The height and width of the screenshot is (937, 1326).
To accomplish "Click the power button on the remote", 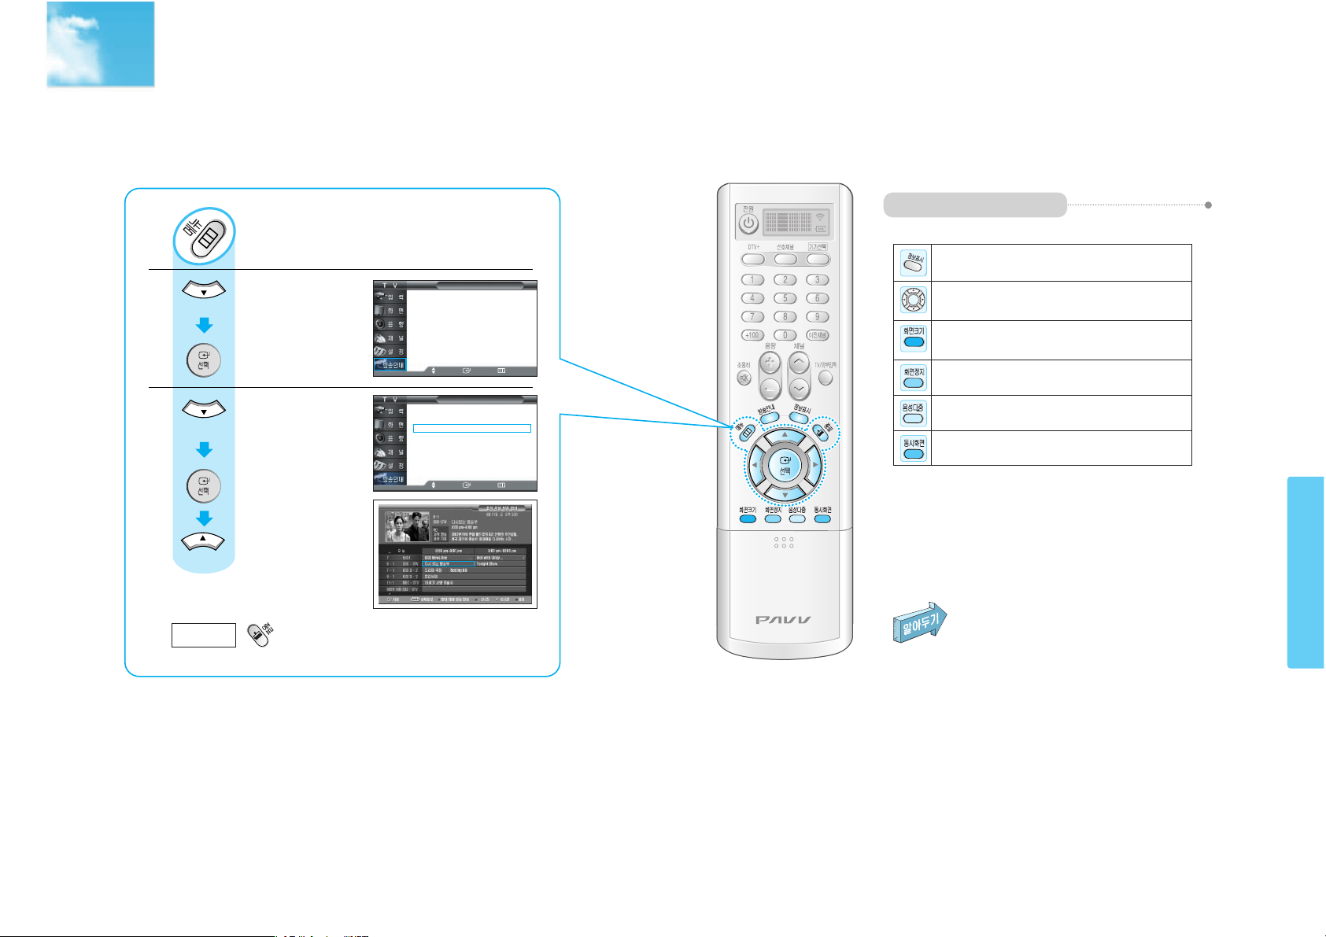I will (x=749, y=223).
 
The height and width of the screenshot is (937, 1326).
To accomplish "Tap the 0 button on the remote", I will (x=785, y=335).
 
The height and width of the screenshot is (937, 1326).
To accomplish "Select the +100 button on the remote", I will (x=752, y=335).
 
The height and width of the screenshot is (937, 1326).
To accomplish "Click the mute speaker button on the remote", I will (x=744, y=378).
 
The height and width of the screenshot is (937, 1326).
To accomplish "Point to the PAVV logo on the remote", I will (x=784, y=620).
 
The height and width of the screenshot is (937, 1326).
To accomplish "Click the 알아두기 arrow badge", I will (x=919, y=622).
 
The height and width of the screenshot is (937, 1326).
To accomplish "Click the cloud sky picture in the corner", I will (x=101, y=44).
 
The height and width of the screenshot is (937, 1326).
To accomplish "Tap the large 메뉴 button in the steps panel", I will (x=204, y=235).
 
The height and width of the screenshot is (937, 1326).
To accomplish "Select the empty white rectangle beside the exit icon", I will (x=204, y=635).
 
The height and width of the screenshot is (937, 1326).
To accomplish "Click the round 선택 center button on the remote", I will (x=785, y=467).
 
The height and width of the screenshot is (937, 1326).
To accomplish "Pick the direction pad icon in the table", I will (x=913, y=300).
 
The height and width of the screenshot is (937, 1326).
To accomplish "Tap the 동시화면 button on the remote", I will (x=822, y=519).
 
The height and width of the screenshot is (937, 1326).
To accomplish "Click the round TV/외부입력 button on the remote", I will (x=826, y=378).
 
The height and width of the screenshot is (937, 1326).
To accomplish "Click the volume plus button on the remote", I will (x=770, y=363).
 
